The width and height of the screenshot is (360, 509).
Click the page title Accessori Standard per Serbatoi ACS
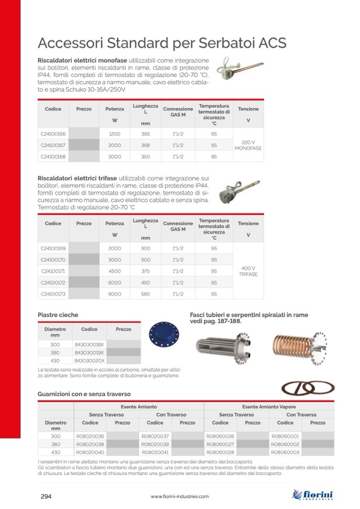click(162, 43)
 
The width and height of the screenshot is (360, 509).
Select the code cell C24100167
click(53, 145)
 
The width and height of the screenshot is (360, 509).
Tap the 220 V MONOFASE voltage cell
click(248, 145)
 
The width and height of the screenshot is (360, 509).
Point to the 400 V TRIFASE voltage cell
click(248, 271)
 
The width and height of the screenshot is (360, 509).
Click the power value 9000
click(114, 294)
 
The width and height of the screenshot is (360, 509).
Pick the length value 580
click(145, 294)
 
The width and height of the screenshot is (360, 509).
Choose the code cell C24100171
click(53, 271)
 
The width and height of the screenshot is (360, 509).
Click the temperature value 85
click(213, 156)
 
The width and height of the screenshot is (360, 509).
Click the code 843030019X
click(89, 352)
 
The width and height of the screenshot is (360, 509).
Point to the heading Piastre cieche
click(58, 315)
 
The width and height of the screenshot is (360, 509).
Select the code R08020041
click(155, 452)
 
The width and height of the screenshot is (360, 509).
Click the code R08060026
click(220, 436)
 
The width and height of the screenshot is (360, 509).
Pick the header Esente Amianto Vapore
click(269, 407)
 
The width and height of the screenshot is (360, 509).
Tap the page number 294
click(46, 496)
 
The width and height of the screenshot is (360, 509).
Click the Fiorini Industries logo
click(313, 495)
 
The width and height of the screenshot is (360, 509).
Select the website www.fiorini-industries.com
click(179, 497)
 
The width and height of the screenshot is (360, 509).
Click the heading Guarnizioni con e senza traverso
click(84, 394)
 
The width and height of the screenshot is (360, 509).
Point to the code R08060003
click(285, 452)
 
